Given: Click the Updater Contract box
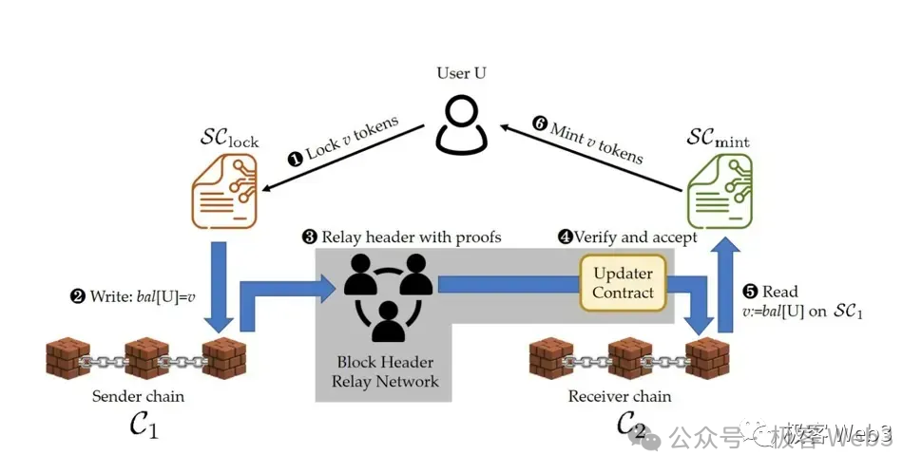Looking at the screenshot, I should pyautogui.click(x=623, y=283).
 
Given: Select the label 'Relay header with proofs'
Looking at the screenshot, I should pyautogui.click(x=408, y=237).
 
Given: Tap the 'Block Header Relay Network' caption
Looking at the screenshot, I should pyautogui.click(x=386, y=371).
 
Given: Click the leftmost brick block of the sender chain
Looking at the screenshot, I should pyautogui.click(x=68, y=359).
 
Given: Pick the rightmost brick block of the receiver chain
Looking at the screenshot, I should pyautogui.click(x=709, y=359).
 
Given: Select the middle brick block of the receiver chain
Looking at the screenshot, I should pyautogui.click(x=630, y=359).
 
